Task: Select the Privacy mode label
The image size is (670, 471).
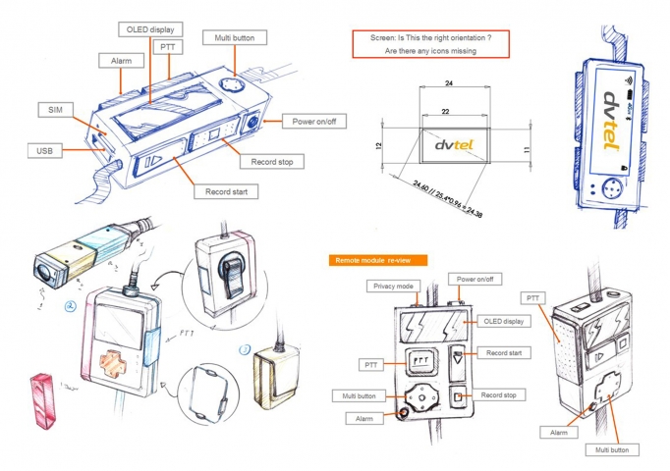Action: [393, 287]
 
